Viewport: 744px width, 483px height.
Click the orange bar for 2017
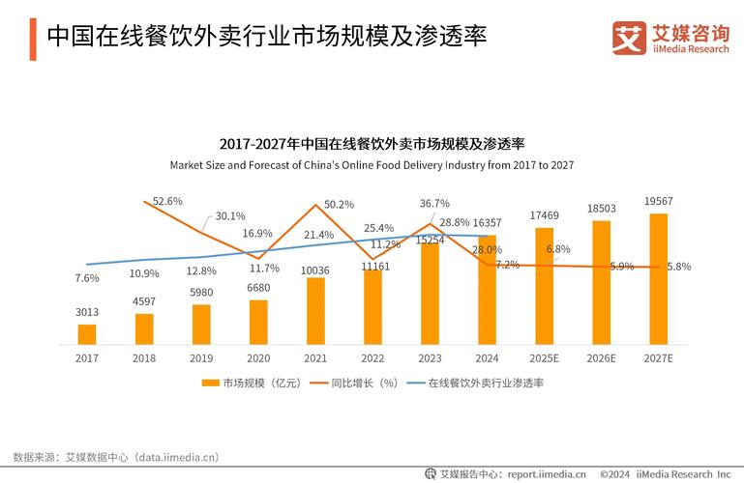click(x=87, y=334)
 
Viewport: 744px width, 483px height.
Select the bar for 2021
click(x=315, y=310)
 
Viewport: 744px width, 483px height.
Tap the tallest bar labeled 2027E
click(x=658, y=279)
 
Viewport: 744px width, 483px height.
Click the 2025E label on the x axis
click(x=544, y=357)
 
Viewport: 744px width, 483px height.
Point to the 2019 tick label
click(x=201, y=357)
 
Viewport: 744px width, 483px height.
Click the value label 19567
click(x=658, y=201)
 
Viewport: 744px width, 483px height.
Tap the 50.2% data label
click(x=339, y=205)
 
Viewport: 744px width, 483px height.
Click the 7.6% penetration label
click(x=87, y=278)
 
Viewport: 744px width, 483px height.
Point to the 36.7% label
click(x=434, y=204)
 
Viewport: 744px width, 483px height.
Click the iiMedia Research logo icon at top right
click(x=628, y=38)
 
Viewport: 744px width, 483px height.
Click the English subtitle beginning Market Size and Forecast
click(x=372, y=165)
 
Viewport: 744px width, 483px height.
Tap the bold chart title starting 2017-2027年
click(x=372, y=144)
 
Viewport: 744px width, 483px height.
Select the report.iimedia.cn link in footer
click(x=547, y=474)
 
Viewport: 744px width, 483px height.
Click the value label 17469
click(x=544, y=214)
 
